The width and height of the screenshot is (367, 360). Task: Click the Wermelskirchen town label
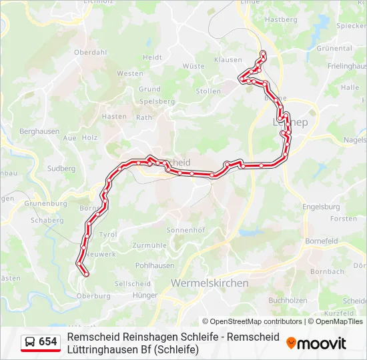tap(210, 283)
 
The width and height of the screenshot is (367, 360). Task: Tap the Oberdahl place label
tap(90, 51)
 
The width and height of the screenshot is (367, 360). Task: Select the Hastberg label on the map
tap(281, 20)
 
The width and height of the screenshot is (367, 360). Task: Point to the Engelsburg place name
tap(321, 207)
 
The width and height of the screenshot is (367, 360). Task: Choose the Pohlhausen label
tap(154, 265)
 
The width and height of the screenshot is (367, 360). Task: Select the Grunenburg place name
tap(45, 203)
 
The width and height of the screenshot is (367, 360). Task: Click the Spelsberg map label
tap(157, 101)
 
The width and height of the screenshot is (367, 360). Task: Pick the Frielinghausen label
tap(348, 66)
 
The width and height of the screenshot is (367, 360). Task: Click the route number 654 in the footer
tap(48, 342)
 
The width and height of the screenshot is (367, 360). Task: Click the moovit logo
tap(316, 343)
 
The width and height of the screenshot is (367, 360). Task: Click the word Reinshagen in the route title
tap(139, 337)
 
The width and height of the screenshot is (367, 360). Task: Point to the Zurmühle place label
tap(150, 245)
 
